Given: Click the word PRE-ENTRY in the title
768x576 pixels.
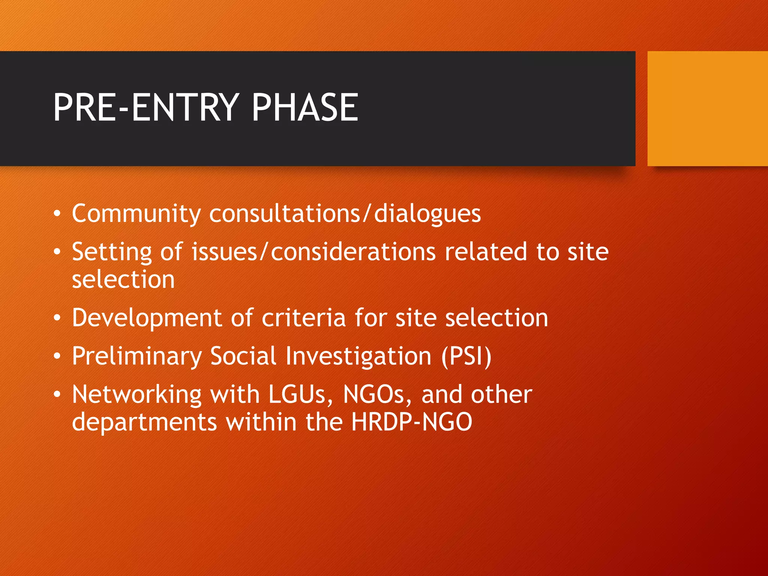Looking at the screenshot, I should (x=146, y=108).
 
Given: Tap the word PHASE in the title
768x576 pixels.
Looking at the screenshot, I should (x=305, y=108).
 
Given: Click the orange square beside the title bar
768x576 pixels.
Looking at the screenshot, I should (x=707, y=108).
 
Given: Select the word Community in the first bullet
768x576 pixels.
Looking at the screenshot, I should (x=136, y=214).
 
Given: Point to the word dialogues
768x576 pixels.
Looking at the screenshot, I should (x=427, y=214).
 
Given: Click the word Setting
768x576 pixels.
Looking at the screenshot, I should (x=112, y=252).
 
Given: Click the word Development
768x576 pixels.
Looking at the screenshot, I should (x=147, y=318).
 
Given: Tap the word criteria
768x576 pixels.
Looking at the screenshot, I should (x=303, y=318).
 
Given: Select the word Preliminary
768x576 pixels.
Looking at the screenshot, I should (x=137, y=357).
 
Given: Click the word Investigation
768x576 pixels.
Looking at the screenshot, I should (x=358, y=357).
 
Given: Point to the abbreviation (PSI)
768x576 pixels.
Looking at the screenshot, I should (x=466, y=356).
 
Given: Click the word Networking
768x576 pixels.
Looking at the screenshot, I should (x=137, y=395).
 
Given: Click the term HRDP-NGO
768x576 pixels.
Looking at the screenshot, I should (x=412, y=422).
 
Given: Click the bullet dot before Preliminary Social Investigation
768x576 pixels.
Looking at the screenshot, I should (x=57, y=356).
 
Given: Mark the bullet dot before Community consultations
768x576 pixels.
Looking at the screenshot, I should (x=57, y=214).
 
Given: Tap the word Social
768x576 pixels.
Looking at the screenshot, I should (x=243, y=356).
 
